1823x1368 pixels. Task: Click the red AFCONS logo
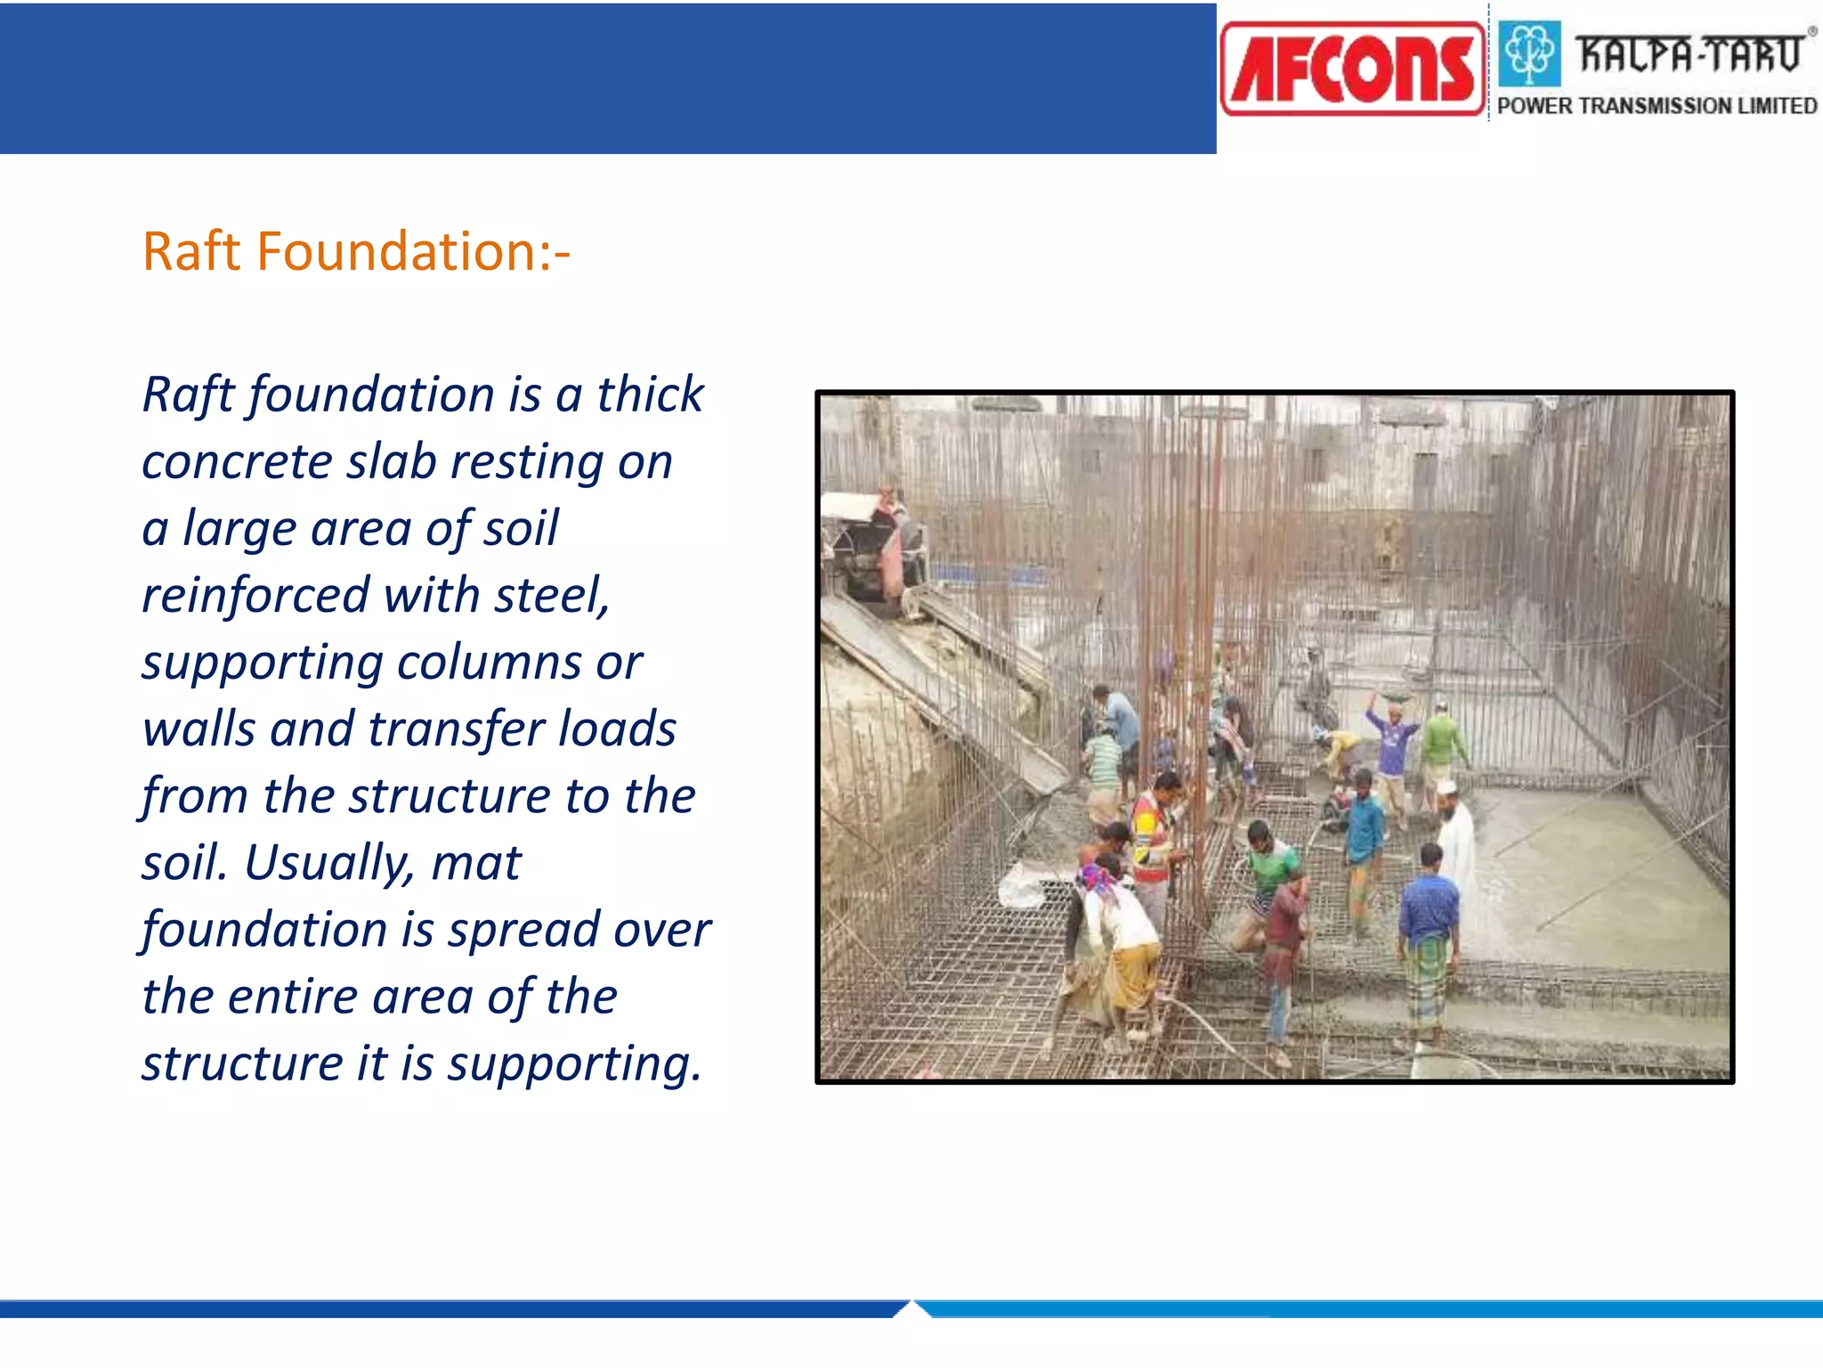1352,69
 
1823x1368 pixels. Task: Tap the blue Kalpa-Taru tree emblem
1528,53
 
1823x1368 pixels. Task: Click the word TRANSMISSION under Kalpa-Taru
1655,106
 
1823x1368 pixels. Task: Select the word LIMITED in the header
1777,106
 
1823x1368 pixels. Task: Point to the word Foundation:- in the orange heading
413,252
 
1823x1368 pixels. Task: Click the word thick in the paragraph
650,395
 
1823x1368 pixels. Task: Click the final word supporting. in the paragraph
574,1064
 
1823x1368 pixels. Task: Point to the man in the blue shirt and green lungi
1428,944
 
